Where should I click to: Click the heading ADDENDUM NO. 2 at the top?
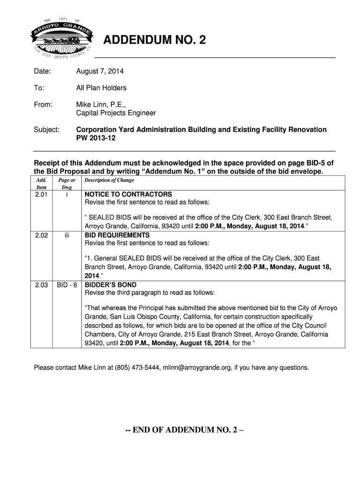coord(154,41)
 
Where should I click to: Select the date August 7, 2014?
coord(100,72)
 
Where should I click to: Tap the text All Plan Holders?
coord(101,88)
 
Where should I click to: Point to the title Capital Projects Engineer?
coord(116,113)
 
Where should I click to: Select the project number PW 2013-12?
coord(95,139)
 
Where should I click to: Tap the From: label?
coord(43,104)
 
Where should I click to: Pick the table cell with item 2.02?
coord(42,235)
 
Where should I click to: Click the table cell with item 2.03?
coord(42,285)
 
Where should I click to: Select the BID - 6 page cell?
coord(67,285)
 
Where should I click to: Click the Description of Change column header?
coord(109,180)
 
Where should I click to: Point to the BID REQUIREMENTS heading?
coord(117,235)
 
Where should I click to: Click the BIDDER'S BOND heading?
coord(110,285)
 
